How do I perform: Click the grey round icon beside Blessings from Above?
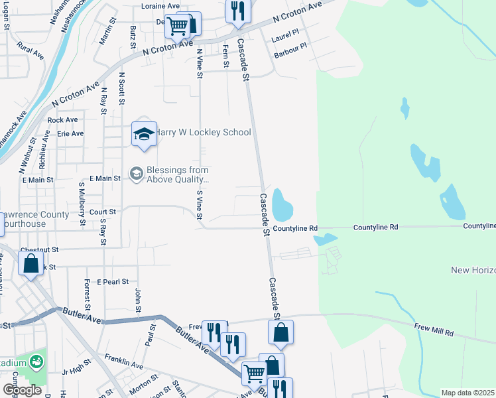(137, 174)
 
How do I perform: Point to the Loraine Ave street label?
(160, 6)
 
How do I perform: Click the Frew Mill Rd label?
(435, 330)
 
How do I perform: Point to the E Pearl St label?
(112, 282)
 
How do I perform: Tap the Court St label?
(103, 212)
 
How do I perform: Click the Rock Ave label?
(63, 120)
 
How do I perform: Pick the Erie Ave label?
(70, 133)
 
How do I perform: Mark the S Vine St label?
(199, 205)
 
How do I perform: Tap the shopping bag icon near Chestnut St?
(31, 265)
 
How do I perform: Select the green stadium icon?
(36, 362)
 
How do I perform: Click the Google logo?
(22, 390)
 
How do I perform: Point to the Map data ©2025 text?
(467, 393)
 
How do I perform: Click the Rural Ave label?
(31, 50)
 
